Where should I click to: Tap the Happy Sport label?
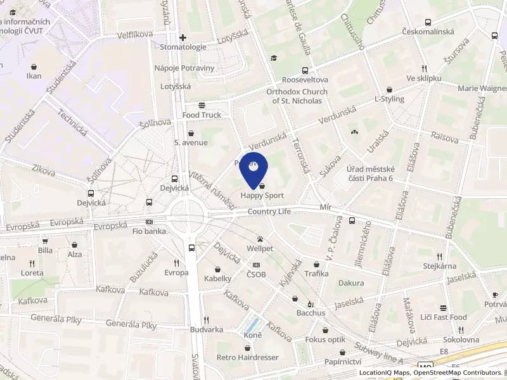[262, 196]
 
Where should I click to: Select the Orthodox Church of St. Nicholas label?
[297, 96]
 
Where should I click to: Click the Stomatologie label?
[183, 47]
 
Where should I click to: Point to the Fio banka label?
[150, 231]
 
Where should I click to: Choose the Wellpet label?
[260, 248]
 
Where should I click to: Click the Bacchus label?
[311, 313]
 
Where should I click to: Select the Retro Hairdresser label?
[248, 357]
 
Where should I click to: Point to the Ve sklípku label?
[424, 78]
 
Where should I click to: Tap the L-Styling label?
[389, 99]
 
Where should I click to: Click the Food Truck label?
[202, 115]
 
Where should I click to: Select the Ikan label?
[34, 76]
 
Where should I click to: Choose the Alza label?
[75, 254]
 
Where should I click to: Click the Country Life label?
[269, 212]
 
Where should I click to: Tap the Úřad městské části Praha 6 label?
[371, 174]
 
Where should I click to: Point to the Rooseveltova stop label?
[305, 80]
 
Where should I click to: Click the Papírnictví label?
[342, 362]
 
